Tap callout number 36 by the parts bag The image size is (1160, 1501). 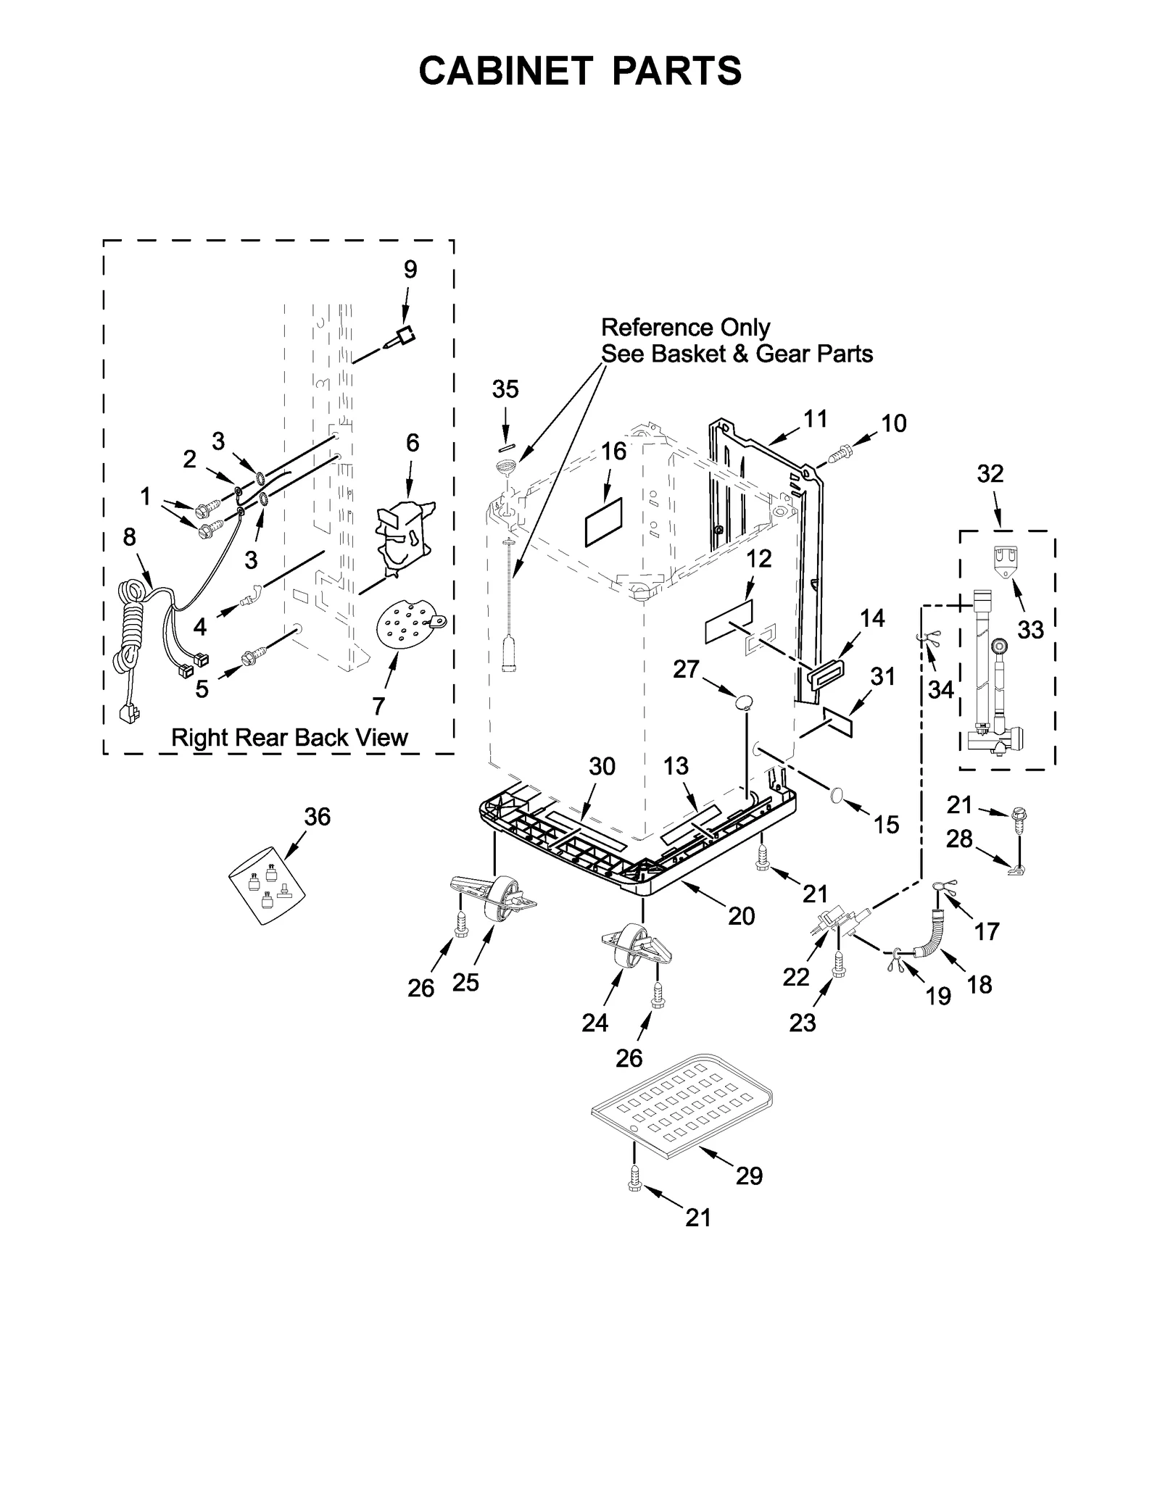tap(317, 817)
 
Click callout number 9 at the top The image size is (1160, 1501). tap(410, 270)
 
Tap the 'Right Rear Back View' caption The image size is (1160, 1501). tap(289, 738)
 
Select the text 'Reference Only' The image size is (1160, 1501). tap(685, 328)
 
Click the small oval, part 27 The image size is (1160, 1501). tap(743, 701)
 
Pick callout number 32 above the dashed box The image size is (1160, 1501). tap(990, 473)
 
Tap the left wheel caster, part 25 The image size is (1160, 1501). tap(493, 899)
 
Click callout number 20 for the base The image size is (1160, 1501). tap(741, 916)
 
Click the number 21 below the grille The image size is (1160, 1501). tap(698, 1218)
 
